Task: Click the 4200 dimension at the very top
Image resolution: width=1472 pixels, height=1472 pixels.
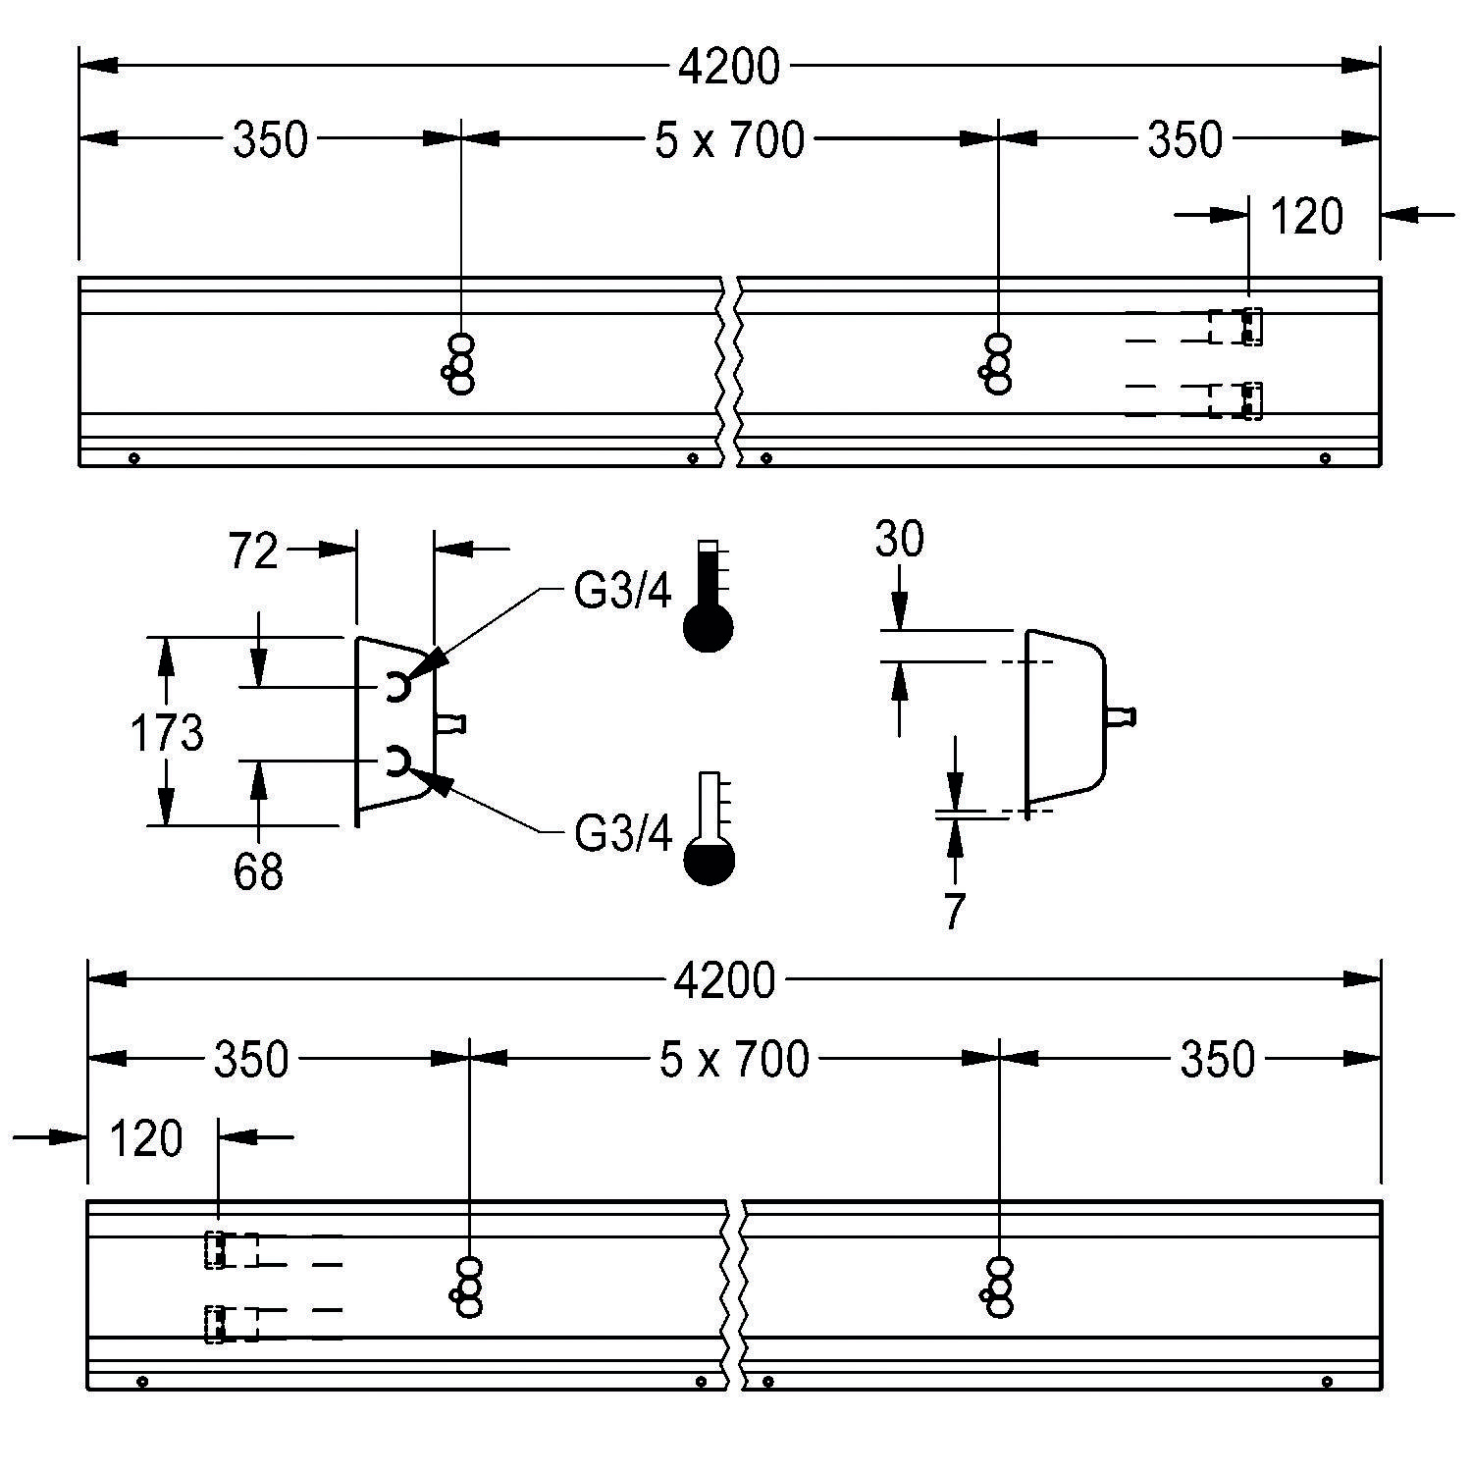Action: coord(729,67)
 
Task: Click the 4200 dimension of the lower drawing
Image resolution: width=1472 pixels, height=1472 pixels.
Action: coord(726,980)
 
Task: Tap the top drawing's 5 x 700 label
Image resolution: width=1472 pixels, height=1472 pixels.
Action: coord(729,139)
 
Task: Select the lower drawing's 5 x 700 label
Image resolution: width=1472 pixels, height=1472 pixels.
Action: coord(734,1059)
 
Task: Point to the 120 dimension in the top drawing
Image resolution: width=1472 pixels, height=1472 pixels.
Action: coord(1306,216)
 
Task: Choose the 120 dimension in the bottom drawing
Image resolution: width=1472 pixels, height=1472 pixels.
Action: coord(146,1138)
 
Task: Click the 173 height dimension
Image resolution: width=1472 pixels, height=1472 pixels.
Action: coord(167,733)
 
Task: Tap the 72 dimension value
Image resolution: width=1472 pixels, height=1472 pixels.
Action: coord(254,552)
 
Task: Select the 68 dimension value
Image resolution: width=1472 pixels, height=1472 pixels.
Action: coord(258,871)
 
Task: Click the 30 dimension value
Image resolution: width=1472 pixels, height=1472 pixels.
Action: coord(899,540)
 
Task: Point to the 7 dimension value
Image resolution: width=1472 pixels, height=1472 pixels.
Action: coord(954,912)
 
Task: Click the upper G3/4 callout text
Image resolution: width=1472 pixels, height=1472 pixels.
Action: coord(623,592)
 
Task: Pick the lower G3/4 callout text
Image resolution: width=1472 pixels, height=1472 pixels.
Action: coord(623,834)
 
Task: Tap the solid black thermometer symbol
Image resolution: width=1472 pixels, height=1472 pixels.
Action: coord(709,596)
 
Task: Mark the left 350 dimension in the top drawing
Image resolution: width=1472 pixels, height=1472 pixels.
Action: coord(270,139)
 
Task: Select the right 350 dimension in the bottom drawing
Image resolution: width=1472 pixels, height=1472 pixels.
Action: coord(1217,1059)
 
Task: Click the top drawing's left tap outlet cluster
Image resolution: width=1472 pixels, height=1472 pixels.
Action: coord(459,363)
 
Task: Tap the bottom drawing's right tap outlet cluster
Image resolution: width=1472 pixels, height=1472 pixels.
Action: coord(997,1287)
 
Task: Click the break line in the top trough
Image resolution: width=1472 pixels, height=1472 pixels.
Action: coord(729,372)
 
